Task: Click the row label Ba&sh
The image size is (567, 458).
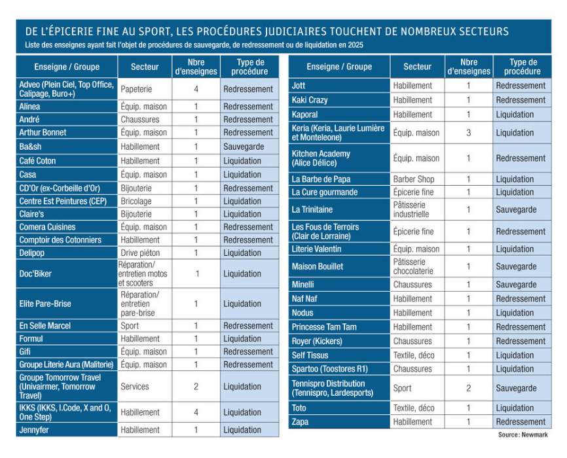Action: point(30,147)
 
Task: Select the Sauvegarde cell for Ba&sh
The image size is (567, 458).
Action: point(243,147)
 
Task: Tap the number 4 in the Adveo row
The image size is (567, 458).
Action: point(196,89)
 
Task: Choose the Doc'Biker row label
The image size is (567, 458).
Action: point(35,274)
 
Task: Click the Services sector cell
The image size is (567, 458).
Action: point(134,387)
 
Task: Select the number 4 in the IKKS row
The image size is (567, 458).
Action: point(196,413)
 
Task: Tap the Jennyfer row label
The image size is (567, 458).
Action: point(34,431)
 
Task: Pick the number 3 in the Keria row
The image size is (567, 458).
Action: point(468,133)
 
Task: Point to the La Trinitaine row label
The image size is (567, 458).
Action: point(312,210)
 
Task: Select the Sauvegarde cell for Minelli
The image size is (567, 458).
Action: point(516,285)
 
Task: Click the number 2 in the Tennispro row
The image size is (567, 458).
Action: point(468,389)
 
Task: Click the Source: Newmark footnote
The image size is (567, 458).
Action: point(522,435)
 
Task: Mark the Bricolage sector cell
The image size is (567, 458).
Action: point(136,201)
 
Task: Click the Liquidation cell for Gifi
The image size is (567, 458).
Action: point(242,352)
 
